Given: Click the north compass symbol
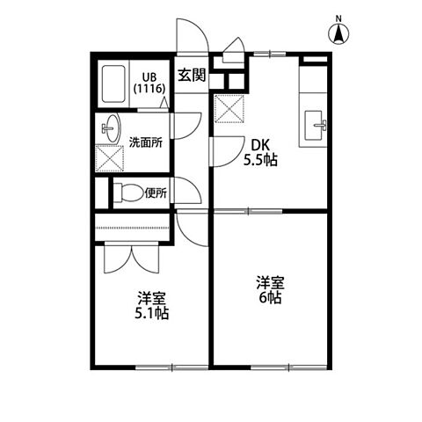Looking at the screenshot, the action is coord(338,33).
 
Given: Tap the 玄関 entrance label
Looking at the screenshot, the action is coord(192,76).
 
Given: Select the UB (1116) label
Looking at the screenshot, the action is coord(149,83).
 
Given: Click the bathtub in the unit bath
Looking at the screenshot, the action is coord(113,84).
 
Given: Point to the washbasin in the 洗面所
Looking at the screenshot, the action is coord(111,128).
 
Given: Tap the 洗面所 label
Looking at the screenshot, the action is coord(146,142).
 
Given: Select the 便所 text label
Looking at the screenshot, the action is coord(156,193).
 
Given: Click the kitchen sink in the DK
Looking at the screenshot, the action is coord(315,126).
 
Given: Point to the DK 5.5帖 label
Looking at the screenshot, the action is coord(260,152).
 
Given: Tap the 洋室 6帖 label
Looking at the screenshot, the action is coord(270,290).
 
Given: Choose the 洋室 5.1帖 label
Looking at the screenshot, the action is coord(152,305).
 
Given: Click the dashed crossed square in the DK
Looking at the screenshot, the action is coord(229,108).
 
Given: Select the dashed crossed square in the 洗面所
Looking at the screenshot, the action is coord(110,158).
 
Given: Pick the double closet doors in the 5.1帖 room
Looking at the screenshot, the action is coord(132,258).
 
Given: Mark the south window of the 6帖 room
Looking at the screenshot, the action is coord(289,367).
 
